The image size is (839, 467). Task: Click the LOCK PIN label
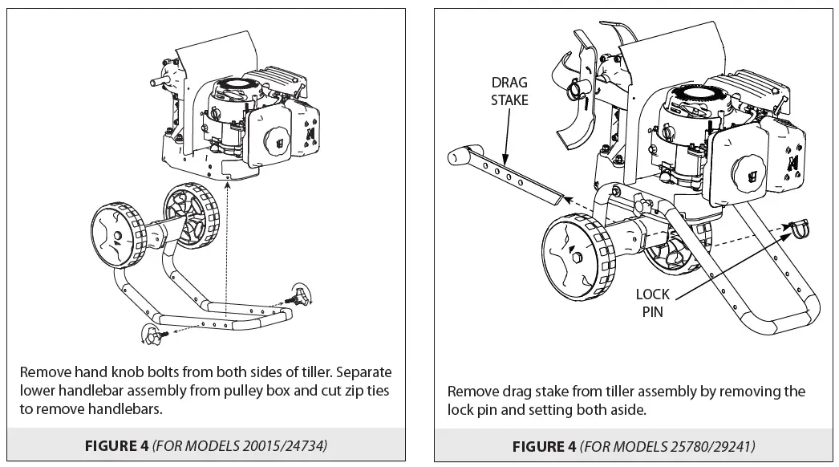coord(652,303)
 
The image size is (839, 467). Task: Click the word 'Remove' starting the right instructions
coord(472,392)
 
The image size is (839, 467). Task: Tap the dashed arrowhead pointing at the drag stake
coord(565,195)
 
